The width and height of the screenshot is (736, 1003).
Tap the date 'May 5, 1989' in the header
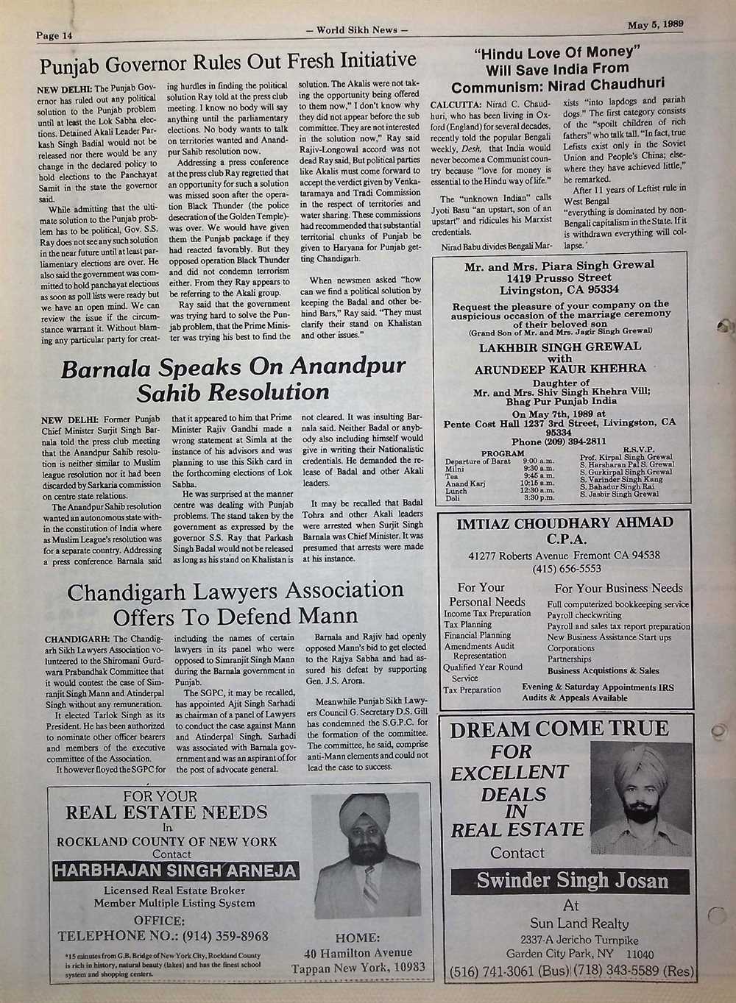coord(656,24)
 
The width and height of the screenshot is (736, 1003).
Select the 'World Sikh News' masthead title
coord(356,30)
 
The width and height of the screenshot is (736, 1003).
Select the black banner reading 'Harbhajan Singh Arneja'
coord(175,871)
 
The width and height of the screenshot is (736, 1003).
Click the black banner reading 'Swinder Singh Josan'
coord(571,880)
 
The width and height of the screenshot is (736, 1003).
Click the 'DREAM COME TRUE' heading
coord(559,729)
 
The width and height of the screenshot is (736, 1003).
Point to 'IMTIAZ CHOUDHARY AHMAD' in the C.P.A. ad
coord(565,523)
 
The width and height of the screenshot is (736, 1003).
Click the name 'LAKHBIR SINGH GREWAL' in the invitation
coord(560,346)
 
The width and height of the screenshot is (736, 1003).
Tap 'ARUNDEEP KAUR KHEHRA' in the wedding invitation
coord(560,369)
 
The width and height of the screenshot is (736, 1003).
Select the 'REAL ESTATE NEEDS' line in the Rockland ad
coord(166,812)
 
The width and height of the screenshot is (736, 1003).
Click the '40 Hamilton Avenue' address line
coord(358,953)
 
